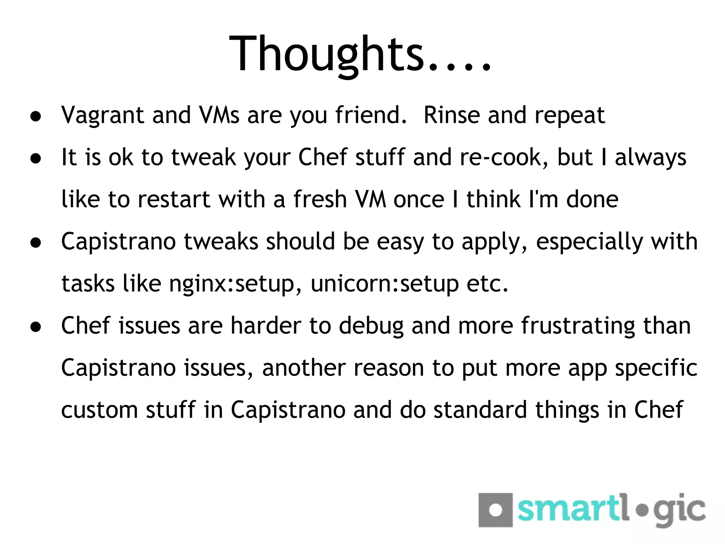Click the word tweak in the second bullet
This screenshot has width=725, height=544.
(x=204, y=157)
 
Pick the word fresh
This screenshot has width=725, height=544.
(x=320, y=199)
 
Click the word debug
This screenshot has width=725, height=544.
(x=371, y=326)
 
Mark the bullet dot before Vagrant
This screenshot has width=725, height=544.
(x=36, y=116)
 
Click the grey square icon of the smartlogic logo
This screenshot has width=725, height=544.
(x=495, y=510)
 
